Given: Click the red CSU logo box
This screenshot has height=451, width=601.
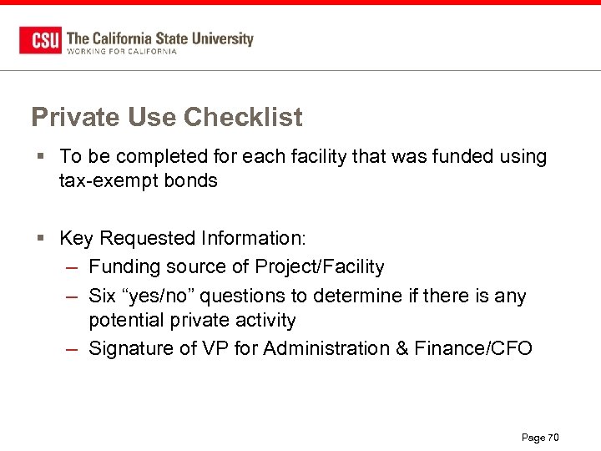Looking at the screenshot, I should [40, 40].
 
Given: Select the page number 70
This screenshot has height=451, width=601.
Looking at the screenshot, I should [553, 438].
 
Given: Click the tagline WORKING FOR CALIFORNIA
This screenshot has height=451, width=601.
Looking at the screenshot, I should [122, 52].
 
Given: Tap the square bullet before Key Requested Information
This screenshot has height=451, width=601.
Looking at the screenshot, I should [41, 239].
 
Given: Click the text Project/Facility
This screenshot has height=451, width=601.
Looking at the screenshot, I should [320, 267].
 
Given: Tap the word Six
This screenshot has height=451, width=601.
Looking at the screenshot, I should [103, 295].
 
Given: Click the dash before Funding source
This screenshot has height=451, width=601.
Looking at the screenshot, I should [73, 267].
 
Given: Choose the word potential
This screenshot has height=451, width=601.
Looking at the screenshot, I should [128, 321].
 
